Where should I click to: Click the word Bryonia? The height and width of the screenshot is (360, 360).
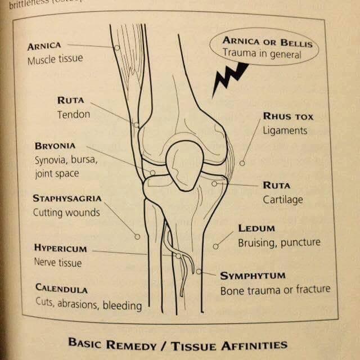click(x=55, y=146)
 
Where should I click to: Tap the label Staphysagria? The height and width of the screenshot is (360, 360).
click(x=67, y=199)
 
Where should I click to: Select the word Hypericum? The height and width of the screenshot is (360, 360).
click(x=60, y=248)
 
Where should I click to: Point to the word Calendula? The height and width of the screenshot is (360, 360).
click(x=61, y=289)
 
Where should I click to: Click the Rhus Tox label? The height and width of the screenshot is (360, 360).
click(x=288, y=116)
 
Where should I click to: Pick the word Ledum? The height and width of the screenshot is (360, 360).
click(x=256, y=228)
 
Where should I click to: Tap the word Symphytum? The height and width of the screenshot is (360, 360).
click(x=253, y=276)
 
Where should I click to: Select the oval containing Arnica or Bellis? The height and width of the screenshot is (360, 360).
click(x=264, y=47)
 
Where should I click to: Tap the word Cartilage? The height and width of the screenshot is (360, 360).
click(x=283, y=200)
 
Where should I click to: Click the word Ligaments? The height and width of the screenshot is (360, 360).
click(x=285, y=130)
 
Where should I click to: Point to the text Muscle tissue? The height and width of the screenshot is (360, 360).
click(x=55, y=59)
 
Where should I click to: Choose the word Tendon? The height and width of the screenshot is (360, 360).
click(x=73, y=114)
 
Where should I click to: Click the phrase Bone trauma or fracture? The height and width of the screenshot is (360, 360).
click(x=275, y=290)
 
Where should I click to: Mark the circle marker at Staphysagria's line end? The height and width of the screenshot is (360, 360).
click(x=137, y=237)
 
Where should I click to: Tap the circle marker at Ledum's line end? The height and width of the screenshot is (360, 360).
click(x=215, y=246)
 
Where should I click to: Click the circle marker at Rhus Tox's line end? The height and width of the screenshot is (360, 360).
click(x=242, y=163)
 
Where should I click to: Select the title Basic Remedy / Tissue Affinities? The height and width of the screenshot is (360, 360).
click(x=177, y=344)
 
